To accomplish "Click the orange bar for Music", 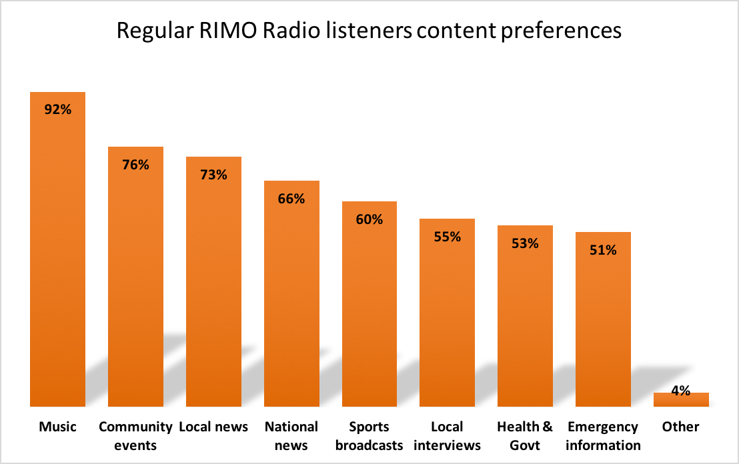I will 57,253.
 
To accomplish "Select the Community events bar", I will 135,280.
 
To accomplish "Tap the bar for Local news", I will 213,287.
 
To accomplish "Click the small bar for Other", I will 681,400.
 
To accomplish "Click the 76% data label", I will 135,164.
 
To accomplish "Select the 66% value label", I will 291,199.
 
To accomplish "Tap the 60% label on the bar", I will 369,219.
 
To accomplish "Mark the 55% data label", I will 447,237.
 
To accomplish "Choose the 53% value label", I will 525,243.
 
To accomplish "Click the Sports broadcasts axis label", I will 369,436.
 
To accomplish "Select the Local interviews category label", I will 447,436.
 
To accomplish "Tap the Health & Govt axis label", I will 525,436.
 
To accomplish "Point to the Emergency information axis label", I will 603,436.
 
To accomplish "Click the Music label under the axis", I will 57,427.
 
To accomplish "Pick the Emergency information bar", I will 603,320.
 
